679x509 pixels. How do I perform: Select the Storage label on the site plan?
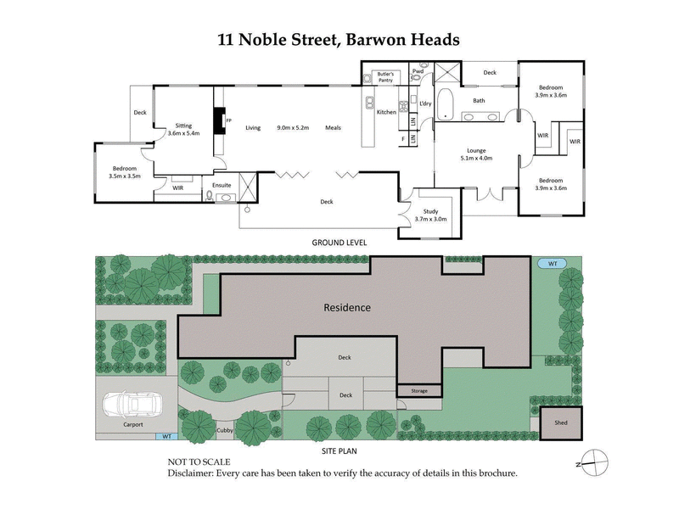tap(419, 391)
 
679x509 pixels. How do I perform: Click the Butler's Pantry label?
tap(390, 77)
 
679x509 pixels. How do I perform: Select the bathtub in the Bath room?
tap(446, 103)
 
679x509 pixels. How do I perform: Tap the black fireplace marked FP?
tap(219, 120)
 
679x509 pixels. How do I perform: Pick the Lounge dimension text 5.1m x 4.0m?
tap(475, 159)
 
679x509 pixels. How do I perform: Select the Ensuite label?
tap(222, 184)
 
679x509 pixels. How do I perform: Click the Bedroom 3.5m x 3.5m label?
tap(125, 171)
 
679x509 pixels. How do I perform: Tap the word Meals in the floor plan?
tap(333, 128)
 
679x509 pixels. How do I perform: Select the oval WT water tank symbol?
tap(552, 264)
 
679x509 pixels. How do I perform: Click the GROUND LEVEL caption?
tap(339, 242)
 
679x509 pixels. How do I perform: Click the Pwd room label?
tap(418, 71)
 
